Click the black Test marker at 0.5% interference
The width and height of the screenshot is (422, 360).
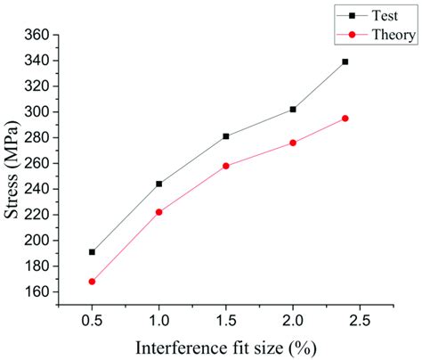(92, 252)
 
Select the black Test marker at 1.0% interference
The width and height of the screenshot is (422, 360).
(158, 184)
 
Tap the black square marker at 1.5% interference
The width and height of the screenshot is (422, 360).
(226, 136)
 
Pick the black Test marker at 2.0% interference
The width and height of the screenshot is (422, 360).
(293, 109)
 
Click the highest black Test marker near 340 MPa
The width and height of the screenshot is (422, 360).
(345, 61)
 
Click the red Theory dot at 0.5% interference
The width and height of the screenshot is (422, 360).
(92, 282)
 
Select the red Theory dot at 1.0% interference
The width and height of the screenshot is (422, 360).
(158, 212)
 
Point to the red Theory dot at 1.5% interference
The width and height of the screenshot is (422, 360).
(226, 166)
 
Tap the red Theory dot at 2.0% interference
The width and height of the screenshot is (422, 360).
(293, 143)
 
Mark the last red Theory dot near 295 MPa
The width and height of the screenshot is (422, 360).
(345, 118)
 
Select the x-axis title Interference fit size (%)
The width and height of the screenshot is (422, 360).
(227, 347)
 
